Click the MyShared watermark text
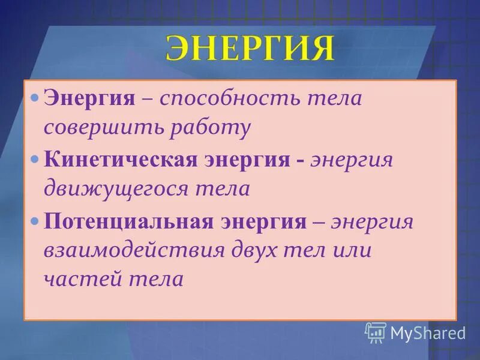coord(428,332)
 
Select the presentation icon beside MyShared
coord(376,332)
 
